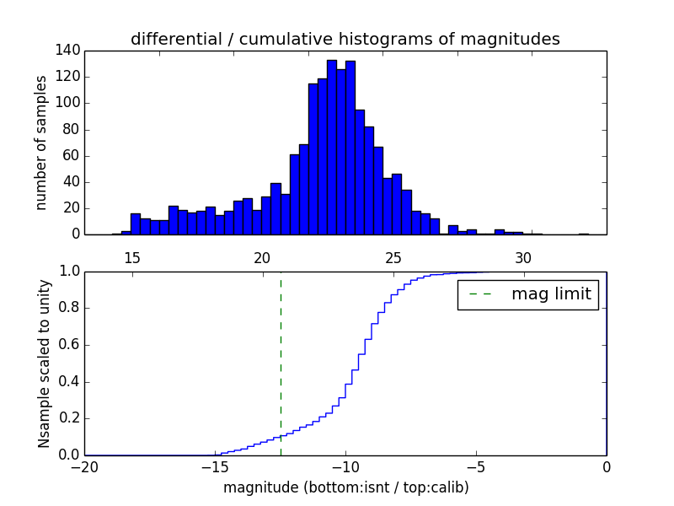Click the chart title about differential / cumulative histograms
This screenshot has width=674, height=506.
tap(345, 39)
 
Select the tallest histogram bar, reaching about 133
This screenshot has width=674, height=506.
tap(331, 148)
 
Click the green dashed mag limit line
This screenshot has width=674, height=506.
tap(281, 363)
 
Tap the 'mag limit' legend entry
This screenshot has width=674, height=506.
tap(528, 295)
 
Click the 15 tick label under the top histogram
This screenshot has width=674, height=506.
tap(132, 257)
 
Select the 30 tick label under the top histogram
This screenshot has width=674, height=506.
tap(522, 257)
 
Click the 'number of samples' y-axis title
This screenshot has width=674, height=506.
tap(40, 142)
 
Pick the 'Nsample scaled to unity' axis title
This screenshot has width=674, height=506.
tap(44, 363)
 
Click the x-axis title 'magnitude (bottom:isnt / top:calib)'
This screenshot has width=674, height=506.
tap(345, 487)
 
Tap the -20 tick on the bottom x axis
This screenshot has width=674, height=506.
tap(84, 467)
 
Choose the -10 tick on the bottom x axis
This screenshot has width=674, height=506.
tap(345, 467)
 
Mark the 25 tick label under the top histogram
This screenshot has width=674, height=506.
tap(393, 257)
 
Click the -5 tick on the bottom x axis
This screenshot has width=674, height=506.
tap(476, 467)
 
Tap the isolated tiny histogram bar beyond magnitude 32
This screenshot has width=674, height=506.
tap(583, 234)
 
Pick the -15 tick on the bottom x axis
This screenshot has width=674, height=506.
tap(215, 467)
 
